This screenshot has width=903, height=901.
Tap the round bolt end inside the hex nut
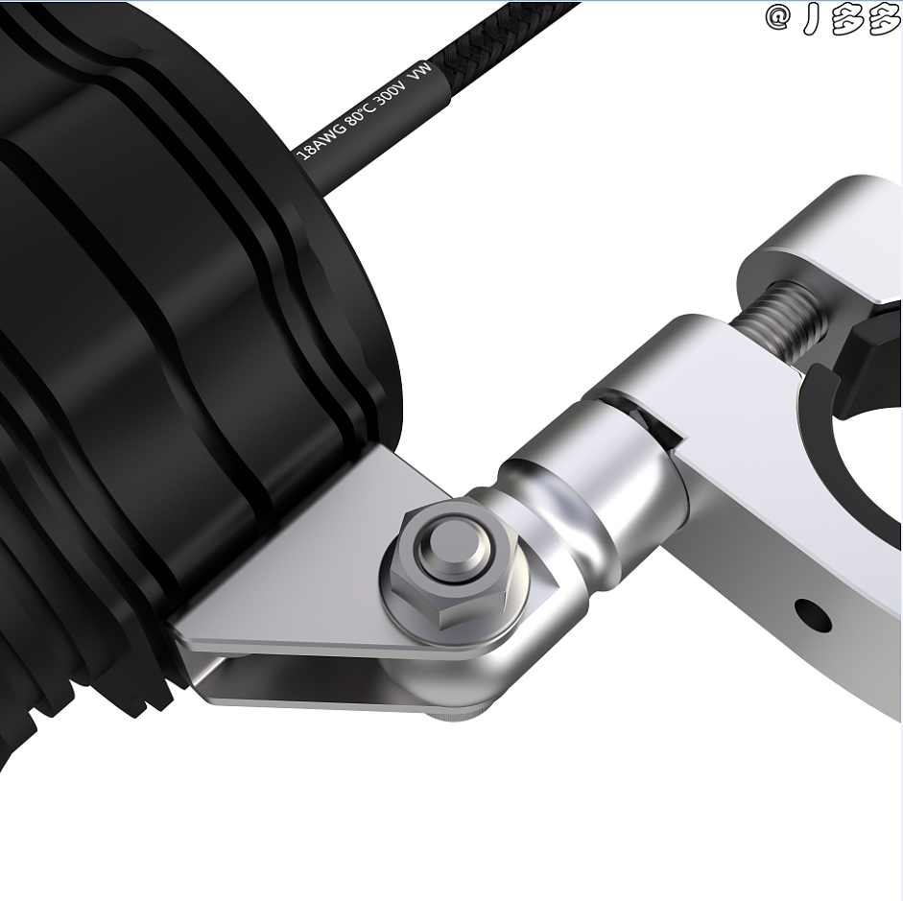point(451,551)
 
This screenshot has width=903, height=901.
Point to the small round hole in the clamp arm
point(813,615)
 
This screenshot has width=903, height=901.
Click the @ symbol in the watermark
point(778,18)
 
